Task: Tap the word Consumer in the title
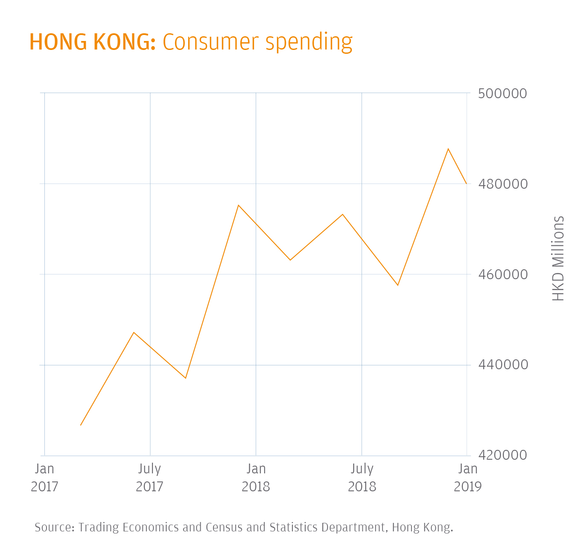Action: click(210, 42)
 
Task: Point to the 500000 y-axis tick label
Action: click(502, 93)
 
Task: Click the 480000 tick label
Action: click(502, 184)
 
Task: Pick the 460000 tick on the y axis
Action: click(502, 274)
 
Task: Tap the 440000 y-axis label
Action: click(502, 365)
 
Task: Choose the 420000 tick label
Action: click(502, 455)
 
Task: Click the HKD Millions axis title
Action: click(558, 258)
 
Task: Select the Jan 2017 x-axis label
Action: click(44, 477)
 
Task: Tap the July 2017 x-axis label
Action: click(149, 477)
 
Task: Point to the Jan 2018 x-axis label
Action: click(256, 477)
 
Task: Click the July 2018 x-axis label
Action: click(362, 477)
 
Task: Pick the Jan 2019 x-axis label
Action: click(467, 477)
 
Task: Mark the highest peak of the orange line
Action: click(448, 149)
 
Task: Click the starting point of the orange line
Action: click(81, 425)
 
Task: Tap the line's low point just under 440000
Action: click(186, 378)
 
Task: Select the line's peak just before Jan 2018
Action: click(238, 205)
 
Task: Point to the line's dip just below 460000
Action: click(398, 285)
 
